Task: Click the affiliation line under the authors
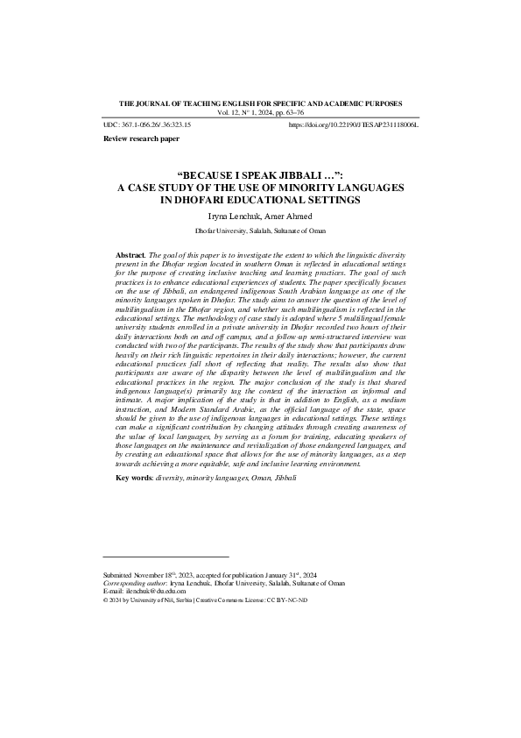coord(260,230)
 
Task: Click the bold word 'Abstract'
coord(131,254)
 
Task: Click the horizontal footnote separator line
coord(165,557)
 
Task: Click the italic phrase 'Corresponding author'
coord(131,583)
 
